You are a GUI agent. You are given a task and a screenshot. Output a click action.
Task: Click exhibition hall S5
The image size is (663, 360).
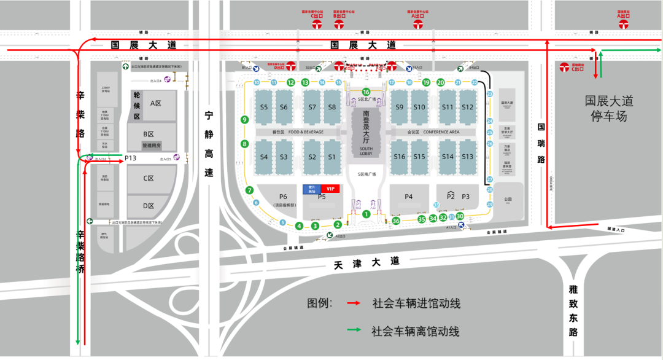(264, 108)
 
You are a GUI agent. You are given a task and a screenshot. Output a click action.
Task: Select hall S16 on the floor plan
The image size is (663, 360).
(400, 157)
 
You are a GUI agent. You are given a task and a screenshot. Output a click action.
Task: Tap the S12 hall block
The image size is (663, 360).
(468, 108)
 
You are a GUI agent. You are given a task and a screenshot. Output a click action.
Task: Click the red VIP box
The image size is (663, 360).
(330, 189)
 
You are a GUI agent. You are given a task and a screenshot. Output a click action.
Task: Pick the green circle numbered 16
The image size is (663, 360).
(366, 92)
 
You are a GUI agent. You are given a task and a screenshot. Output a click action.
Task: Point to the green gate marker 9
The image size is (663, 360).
(244, 120)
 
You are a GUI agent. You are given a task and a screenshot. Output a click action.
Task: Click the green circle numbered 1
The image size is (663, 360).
(366, 214)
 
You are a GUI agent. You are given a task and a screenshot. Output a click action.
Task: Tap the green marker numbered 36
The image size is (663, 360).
(396, 221)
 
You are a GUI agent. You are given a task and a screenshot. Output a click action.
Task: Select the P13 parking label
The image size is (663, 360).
(130, 158)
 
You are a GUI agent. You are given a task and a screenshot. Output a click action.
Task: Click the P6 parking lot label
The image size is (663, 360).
(283, 197)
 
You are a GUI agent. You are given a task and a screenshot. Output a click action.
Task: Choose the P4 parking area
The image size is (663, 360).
(408, 197)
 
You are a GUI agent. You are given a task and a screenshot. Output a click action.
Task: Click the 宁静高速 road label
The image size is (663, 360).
(209, 144)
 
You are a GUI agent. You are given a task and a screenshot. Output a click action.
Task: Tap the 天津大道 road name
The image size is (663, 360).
(366, 262)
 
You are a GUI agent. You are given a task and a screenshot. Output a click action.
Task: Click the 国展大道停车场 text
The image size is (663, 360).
(608, 108)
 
